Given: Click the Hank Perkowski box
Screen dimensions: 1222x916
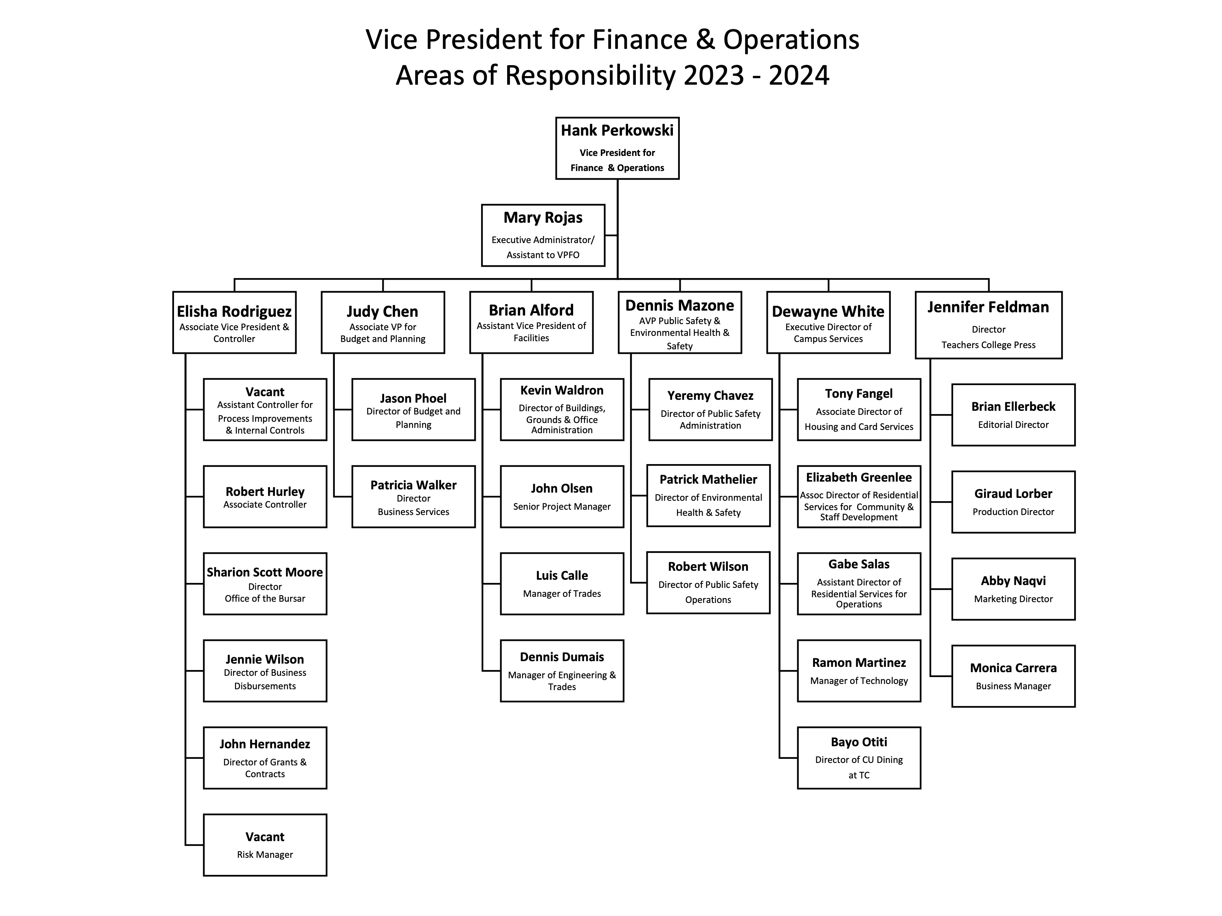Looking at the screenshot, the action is click(x=617, y=148).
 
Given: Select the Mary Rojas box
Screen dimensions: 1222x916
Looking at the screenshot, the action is click(x=543, y=235).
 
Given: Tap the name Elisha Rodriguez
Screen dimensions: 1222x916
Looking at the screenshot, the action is click(x=234, y=311).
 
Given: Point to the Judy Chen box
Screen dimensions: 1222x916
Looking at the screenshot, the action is click(x=383, y=322).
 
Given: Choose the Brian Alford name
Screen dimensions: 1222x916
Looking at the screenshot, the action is click(x=532, y=310).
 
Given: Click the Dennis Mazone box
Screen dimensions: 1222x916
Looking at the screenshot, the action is click(x=679, y=322).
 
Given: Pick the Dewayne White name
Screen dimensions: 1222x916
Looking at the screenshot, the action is click(x=828, y=311).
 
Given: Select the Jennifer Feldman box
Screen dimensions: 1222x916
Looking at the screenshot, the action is click(x=988, y=325).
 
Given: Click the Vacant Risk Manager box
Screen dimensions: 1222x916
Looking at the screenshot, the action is click(x=265, y=845).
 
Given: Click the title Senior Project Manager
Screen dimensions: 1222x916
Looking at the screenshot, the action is click(x=562, y=506).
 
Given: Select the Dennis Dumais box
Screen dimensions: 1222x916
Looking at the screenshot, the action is click(x=562, y=671).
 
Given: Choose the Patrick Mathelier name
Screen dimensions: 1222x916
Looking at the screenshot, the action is click(x=708, y=479).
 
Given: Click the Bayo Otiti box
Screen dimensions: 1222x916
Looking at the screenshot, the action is click(x=859, y=758).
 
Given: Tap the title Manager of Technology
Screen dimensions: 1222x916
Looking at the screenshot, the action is click(x=859, y=681).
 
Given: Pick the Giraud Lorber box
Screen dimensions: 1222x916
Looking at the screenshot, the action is click(x=1013, y=502).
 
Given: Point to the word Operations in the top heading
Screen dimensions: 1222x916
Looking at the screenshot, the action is click(x=791, y=40).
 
